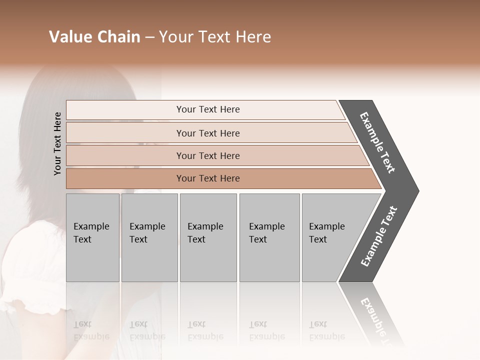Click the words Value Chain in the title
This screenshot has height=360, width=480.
pyautogui.click(x=94, y=37)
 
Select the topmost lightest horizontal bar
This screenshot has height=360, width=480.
pyautogui.click(x=205, y=109)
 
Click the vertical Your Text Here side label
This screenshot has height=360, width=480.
pyautogui.click(x=57, y=143)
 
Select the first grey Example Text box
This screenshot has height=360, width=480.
pyautogui.click(x=92, y=237)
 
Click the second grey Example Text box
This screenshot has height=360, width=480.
pyautogui.click(x=149, y=237)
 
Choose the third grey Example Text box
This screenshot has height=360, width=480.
pyautogui.click(x=208, y=237)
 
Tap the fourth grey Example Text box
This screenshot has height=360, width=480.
pyautogui.click(x=269, y=237)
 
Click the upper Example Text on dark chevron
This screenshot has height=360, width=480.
pyautogui.click(x=377, y=142)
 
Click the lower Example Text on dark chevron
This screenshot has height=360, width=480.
pyautogui.click(x=378, y=236)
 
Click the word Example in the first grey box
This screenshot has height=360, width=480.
pyautogui.click(x=91, y=226)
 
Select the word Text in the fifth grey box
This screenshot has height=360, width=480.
pyautogui.click(x=317, y=239)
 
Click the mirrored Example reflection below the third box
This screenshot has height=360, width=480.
pyautogui.click(x=205, y=336)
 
